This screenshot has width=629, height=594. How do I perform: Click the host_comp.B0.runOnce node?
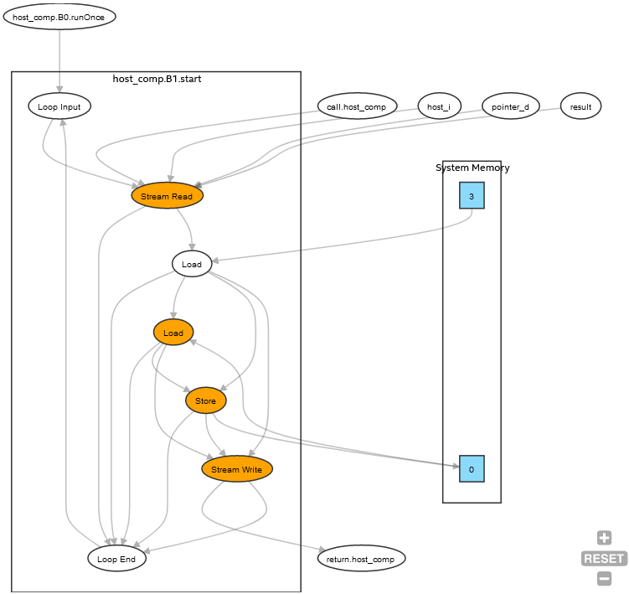[59, 17]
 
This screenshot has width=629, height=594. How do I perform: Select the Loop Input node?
[59, 106]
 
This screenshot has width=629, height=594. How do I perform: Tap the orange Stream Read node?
[167, 196]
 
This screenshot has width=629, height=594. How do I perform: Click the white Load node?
[192, 264]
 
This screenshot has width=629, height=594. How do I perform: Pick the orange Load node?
[173, 333]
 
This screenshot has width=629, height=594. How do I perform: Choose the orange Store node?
[205, 401]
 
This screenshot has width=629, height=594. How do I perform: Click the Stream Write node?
[237, 469]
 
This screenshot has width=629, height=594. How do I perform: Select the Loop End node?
[116, 559]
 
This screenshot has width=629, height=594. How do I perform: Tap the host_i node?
[439, 106]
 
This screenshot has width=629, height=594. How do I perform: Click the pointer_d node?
[510, 106]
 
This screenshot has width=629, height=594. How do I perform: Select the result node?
[580, 106]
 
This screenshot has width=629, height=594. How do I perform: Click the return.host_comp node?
[362, 557]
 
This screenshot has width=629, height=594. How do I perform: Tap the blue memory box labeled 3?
[472, 196]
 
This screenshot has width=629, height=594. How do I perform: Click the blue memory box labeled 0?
[472, 469]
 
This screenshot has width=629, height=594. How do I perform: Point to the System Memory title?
[472, 168]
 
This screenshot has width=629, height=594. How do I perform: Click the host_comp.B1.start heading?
[157, 79]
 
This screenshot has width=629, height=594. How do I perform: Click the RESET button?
[604, 558]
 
